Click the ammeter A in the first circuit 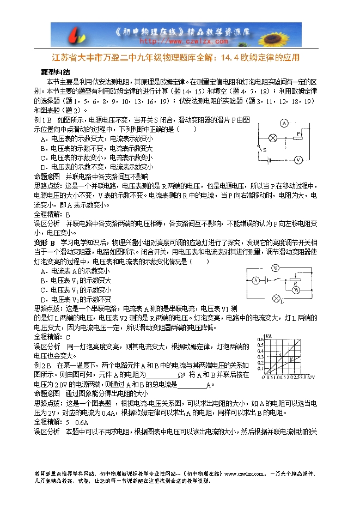[283, 123]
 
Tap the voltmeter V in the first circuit [298, 160]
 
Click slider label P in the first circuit [299, 132]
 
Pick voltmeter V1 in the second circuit [276, 268]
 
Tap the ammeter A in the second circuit [254, 281]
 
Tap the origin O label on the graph [264, 377]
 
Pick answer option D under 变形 [76, 300]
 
